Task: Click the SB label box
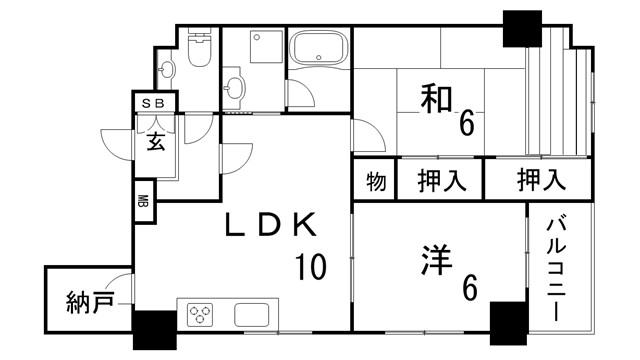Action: pos(156,101)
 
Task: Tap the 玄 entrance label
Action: pos(157,143)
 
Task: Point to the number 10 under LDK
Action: pos(310,267)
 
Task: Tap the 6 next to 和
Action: pos(466,125)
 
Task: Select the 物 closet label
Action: pos(376,182)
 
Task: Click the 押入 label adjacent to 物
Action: pos(442,182)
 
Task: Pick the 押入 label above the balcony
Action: pos(541,182)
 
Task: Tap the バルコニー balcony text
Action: pos(557,267)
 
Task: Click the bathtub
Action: pos(318,50)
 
